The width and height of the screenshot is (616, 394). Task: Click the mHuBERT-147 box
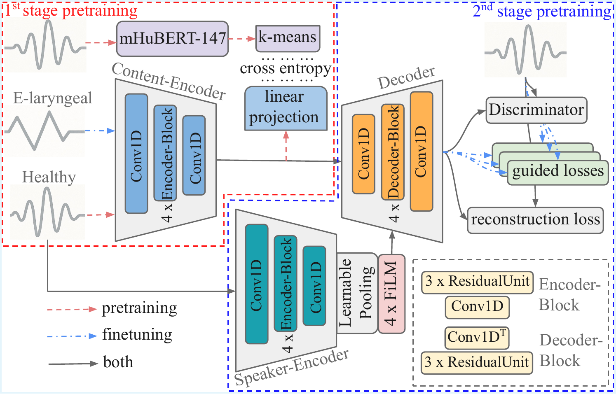coord(172,39)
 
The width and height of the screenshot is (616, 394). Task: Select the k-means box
coord(288,38)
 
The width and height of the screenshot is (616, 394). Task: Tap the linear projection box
coord(286,108)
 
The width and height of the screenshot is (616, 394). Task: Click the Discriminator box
coord(536,110)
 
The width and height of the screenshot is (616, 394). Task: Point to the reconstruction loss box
coord(535,220)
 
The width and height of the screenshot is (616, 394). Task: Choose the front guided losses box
coord(557,171)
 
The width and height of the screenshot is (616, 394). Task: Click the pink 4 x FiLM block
coord(391,294)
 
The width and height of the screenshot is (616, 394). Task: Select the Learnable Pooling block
coord(357,293)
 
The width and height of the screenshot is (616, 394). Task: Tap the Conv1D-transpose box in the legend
coord(477,338)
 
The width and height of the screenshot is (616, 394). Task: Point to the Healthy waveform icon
coord(47,212)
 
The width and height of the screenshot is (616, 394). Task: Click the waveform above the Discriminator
coord(525,50)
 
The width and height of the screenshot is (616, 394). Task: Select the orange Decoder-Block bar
coord(392,152)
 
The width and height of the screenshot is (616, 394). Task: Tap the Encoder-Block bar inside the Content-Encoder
coord(165,153)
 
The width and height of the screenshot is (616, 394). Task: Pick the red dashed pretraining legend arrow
coord(72,309)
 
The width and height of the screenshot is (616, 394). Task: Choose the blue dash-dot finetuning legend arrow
coord(72,336)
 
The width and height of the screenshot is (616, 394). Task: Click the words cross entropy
coord(285,68)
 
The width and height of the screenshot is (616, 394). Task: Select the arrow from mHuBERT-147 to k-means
coord(242,39)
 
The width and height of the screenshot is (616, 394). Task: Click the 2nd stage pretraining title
coord(541,12)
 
